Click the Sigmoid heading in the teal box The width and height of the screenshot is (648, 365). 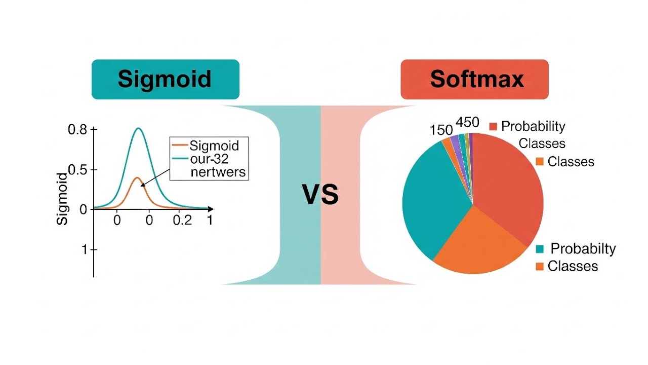click(165, 79)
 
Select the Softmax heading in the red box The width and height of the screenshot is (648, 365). click(476, 79)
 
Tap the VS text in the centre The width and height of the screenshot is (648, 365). click(320, 195)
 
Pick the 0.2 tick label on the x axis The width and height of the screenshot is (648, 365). click(183, 220)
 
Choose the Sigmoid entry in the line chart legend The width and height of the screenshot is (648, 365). click(214, 146)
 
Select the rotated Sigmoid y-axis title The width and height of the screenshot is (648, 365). click(62, 199)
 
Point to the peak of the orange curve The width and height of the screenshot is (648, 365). click(137, 177)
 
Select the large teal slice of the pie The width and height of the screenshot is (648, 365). click(430, 198)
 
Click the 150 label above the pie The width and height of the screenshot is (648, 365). click(441, 130)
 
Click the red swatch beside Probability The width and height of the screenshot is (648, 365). click(493, 127)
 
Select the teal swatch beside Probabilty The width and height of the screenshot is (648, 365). click(540, 249)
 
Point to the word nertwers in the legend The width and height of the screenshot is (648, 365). click(218, 172)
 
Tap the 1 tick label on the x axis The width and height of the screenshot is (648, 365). click(209, 220)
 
